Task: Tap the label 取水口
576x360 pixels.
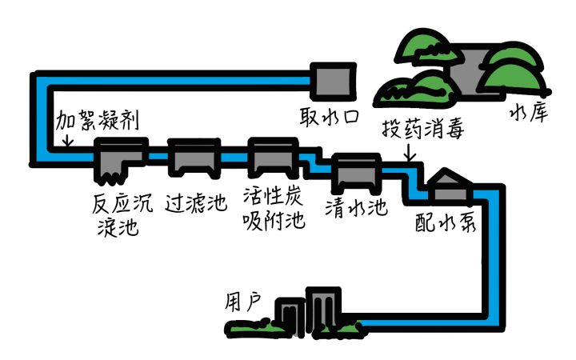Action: [x=328, y=118]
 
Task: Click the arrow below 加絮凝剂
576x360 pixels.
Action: [x=67, y=140]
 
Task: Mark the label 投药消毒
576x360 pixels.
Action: [x=419, y=129]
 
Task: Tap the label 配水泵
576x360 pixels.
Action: [x=446, y=222]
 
